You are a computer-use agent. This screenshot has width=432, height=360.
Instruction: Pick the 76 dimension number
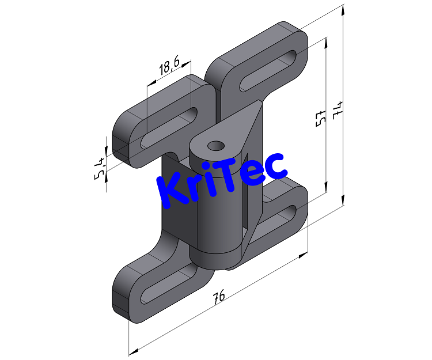pos(218,297)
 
